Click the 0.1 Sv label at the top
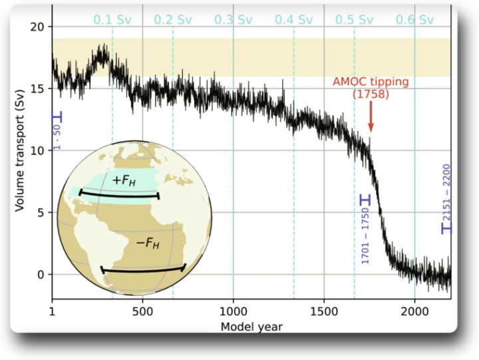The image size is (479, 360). click(x=112, y=20)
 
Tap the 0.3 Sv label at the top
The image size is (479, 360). click(x=234, y=20)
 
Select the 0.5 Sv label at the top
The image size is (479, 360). click(x=355, y=20)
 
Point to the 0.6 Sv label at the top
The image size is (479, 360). click(x=415, y=20)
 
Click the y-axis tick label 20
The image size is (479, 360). click(x=39, y=27)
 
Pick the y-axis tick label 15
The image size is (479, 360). click(x=39, y=89)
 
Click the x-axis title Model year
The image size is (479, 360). click(x=252, y=326)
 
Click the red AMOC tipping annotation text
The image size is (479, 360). click(x=371, y=88)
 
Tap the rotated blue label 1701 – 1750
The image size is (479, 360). click(x=365, y=238)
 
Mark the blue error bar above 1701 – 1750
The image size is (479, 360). click(x=365, y=200)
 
